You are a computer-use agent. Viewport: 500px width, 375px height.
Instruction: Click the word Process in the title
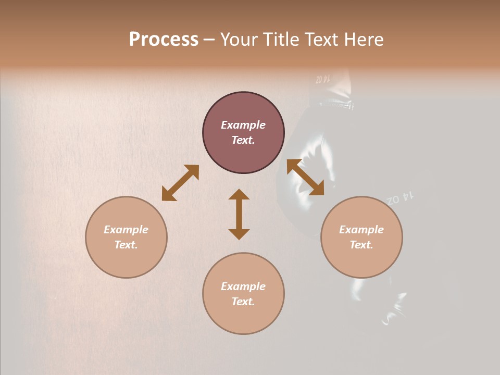164,40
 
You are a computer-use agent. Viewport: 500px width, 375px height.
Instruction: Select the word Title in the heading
280,40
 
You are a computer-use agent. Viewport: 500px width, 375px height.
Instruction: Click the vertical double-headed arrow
239,214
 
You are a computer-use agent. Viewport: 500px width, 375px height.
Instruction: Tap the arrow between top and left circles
180,182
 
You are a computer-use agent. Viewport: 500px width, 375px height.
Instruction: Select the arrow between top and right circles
305,177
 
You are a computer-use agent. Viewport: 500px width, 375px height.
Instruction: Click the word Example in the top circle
243,125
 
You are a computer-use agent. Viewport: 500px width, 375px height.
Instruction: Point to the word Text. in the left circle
126,245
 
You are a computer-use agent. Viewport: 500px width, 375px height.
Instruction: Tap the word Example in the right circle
361,230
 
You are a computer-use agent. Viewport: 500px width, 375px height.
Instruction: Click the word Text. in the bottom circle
243,302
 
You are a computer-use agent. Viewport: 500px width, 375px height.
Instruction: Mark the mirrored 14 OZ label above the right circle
401,197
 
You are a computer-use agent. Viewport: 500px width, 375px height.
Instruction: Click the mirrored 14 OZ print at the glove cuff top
323,80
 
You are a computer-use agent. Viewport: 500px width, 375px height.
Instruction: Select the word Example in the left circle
126,230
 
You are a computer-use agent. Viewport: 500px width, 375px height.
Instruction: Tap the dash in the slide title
209,40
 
